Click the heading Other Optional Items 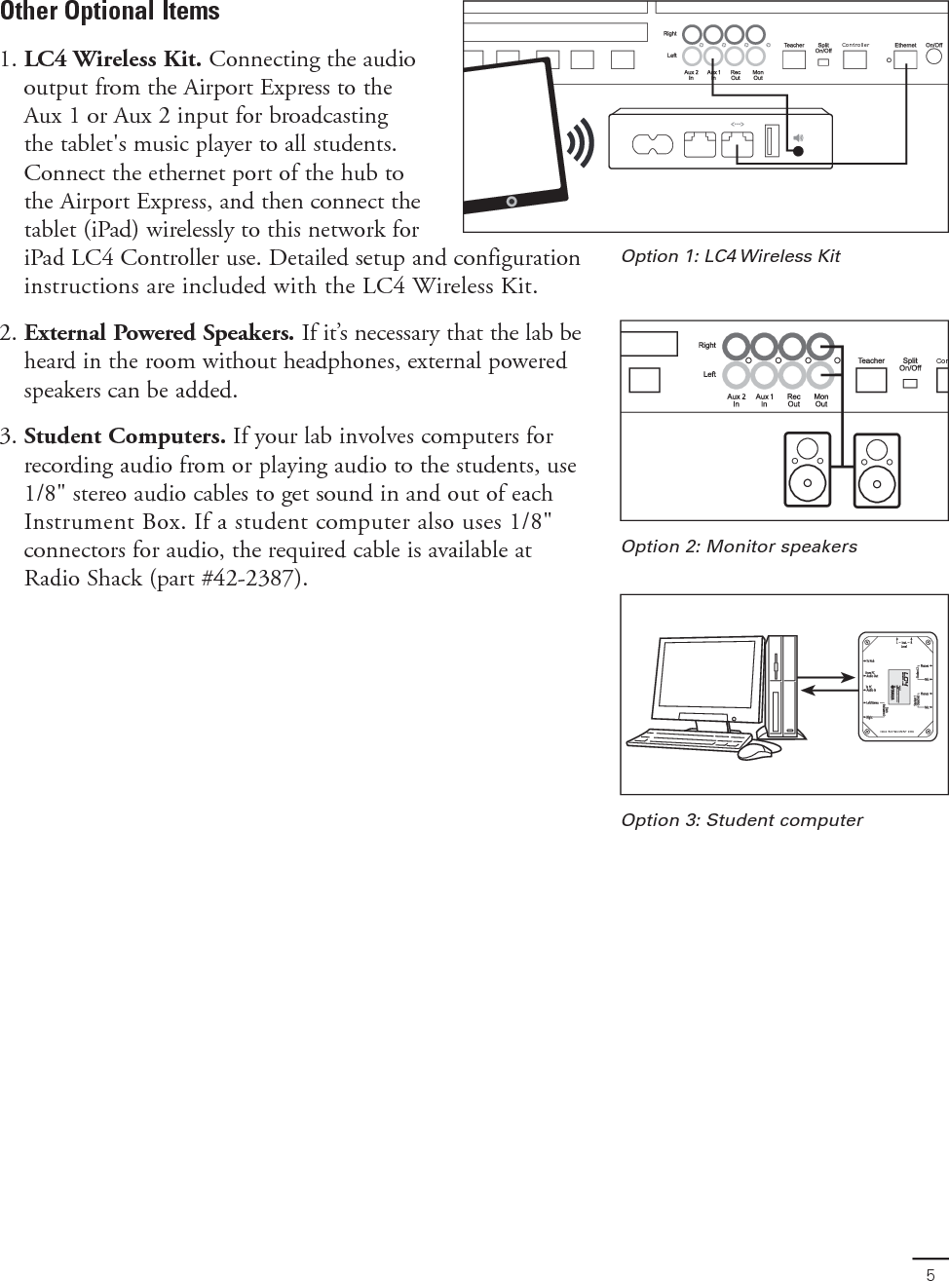pyautogui.click(x=110, y=13)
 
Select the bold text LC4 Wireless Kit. pyautogui.click(x=113, y=59)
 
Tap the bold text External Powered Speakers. pyautogui.click(x=159, y=333)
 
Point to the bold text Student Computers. pyautogui.click(x=126, y=435)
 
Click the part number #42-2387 pyautogui.click(x=254, y=579)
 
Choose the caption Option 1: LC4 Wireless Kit pyautogui.click(x=730, y=256)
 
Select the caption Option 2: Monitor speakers pyautogui.click(x=739, y=546)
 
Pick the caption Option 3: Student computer pyautogui.click(x=741, y=820)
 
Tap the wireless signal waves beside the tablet pyautogui.click(x=583, y=143)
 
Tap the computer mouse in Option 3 pyautogui.click(x=758, y=749)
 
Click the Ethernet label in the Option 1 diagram pyautogui.click(x=905, y=45)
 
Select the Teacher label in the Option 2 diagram pyautogui.click(x=871, y=361)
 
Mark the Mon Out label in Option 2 pyautogui.click(x=821, y=400)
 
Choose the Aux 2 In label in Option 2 pyautogui.click(x=737, y=400)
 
